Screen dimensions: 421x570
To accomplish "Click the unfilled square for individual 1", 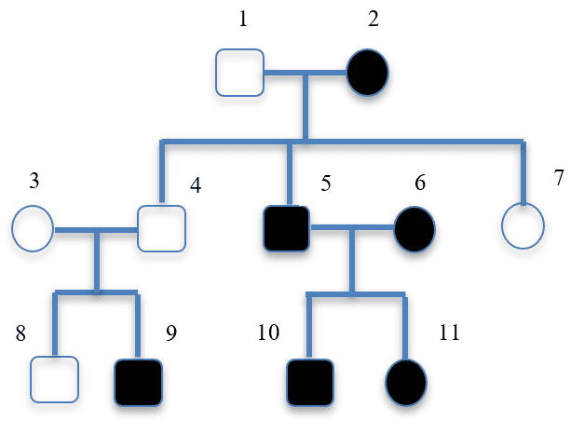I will (240, 73).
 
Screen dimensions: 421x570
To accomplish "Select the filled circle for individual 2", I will (367, 73).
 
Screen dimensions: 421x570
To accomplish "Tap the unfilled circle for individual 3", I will (33, 228).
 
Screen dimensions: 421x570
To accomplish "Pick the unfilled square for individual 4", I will (162, 228).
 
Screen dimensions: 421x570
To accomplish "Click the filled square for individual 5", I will (287, 228).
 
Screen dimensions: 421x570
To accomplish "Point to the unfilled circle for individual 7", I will (522, 226).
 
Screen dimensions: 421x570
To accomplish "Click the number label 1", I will (243, 19).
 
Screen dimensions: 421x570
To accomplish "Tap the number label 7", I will (558, 177).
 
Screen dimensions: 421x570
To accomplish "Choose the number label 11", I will (449, 333).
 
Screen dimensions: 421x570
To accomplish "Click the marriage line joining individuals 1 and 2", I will (305, 73).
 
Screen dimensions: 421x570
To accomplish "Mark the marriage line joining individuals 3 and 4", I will (96, 228).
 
